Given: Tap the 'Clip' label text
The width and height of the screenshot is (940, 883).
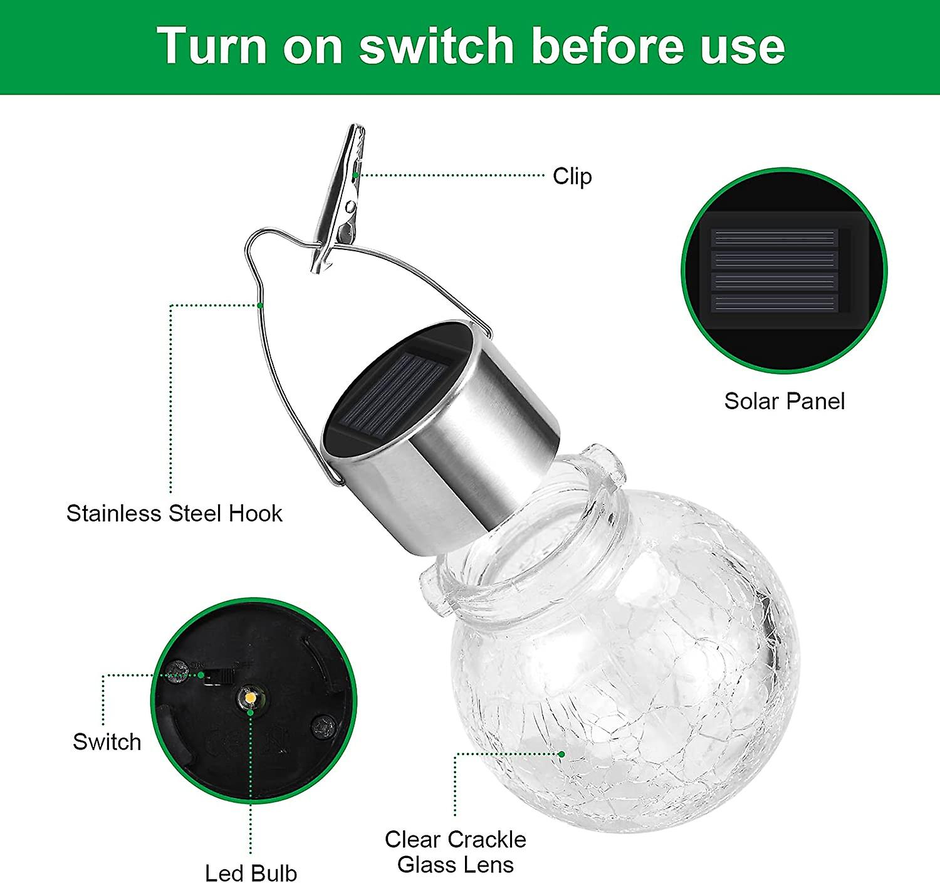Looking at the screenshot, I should pos(572,176).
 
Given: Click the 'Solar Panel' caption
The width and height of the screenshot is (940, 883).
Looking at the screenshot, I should pos(784,401).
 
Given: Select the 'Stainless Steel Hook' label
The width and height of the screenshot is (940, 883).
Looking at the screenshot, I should pos(174,513).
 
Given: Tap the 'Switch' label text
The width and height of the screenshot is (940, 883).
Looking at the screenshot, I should pos(107,742).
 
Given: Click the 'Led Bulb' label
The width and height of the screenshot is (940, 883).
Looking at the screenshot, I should pos(251,872).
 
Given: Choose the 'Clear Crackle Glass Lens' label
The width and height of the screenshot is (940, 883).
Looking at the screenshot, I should pos(456,852).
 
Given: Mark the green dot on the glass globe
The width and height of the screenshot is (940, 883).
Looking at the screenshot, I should pos(562,754).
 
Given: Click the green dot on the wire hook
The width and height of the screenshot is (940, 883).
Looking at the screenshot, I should pos(260,305).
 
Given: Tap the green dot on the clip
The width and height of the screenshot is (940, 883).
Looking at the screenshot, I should pos(355,175).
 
